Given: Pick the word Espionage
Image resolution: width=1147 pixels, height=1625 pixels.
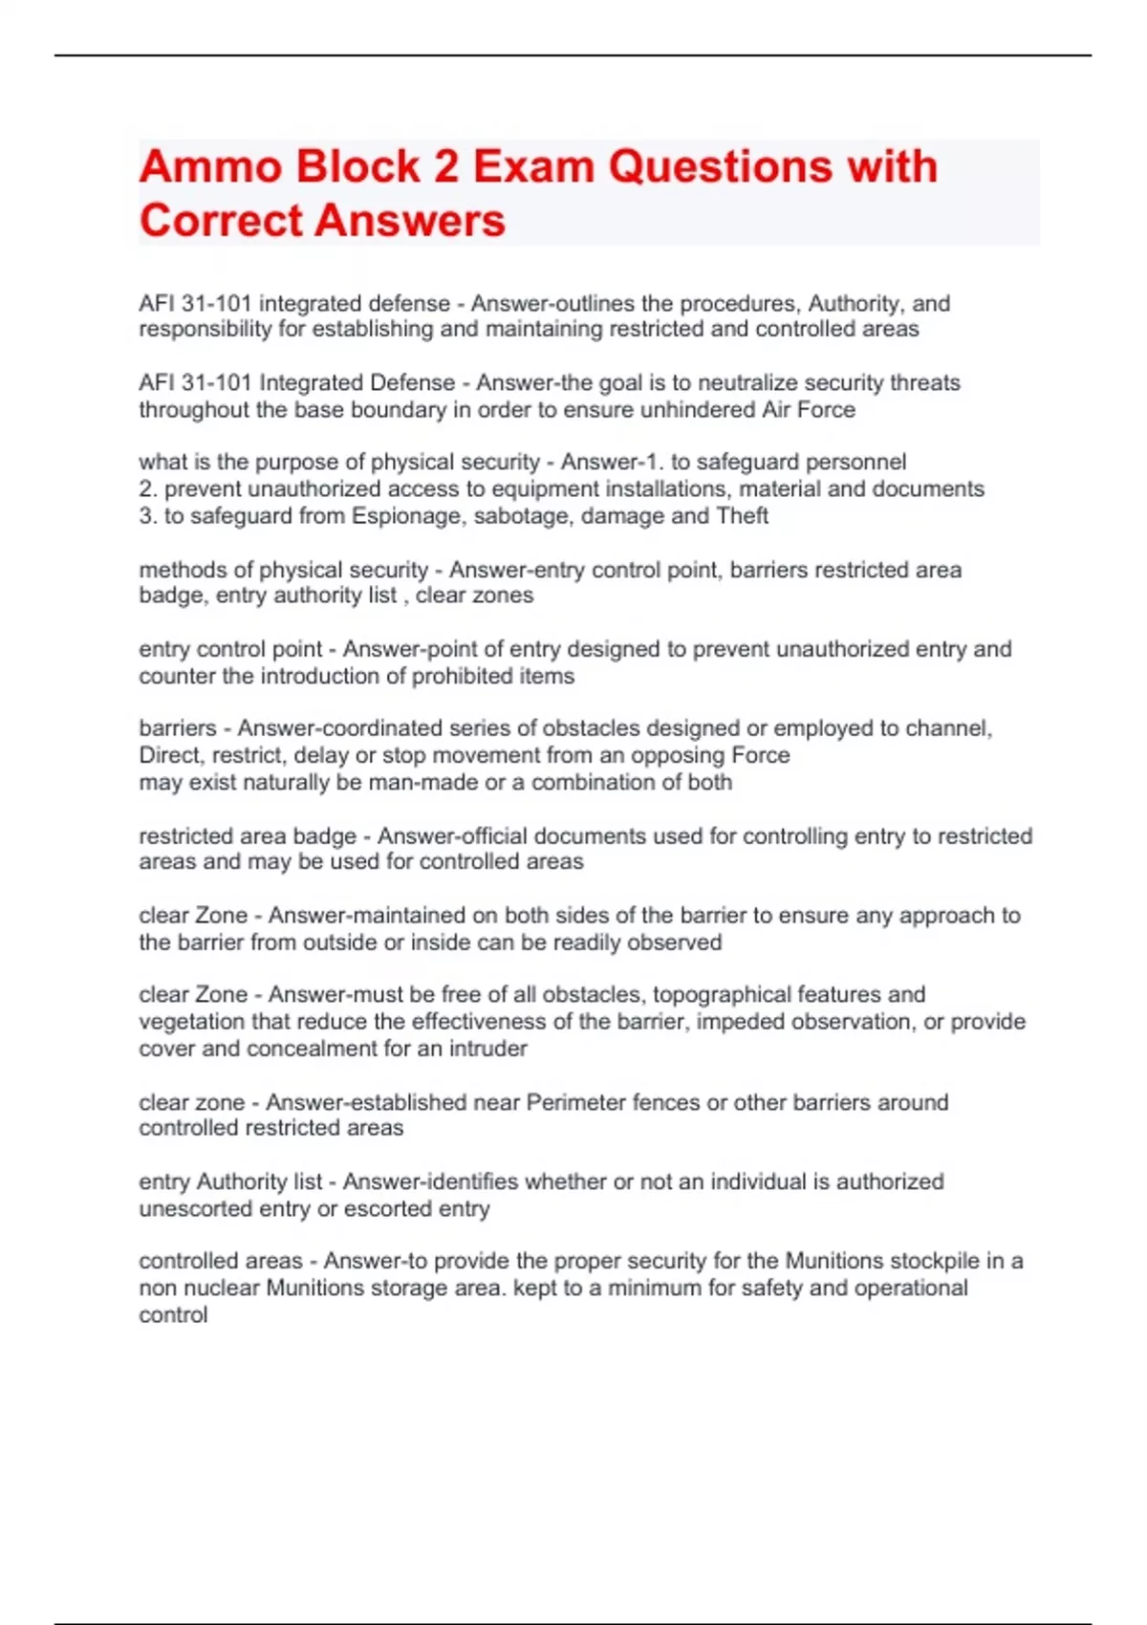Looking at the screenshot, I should coord(404,516).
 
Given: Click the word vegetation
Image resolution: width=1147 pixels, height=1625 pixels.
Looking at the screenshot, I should coord(191,1022).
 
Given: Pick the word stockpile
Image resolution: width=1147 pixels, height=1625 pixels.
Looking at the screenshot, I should coord(920,1262).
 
